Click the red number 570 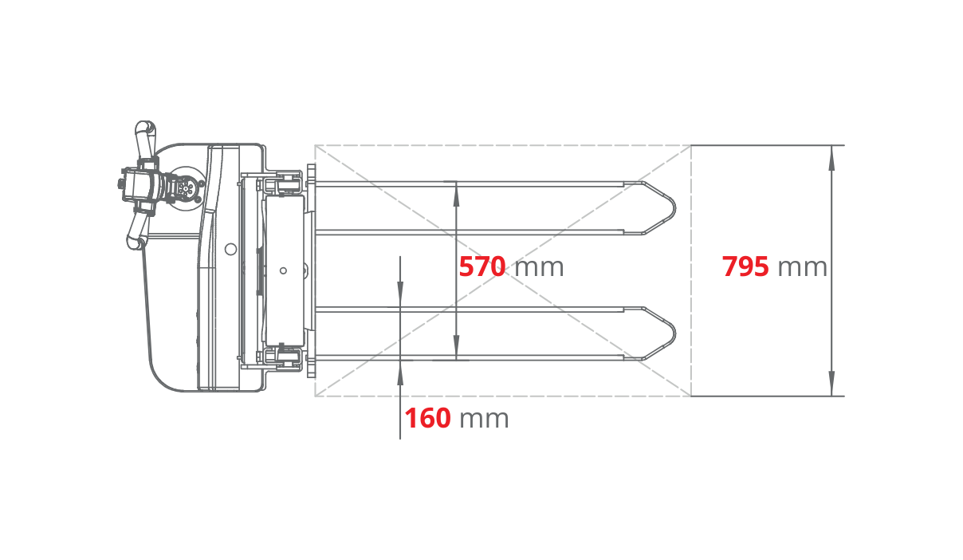point(482,266)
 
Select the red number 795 point(745,266)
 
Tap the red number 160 point(427,418)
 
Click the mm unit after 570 point(539,268)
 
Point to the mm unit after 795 point(802,268)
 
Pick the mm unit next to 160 point(484,420)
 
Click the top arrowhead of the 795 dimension point(832,158)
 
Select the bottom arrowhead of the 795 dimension point(832,383)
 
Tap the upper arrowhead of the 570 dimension point(456,195)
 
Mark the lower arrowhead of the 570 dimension point(456,347)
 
